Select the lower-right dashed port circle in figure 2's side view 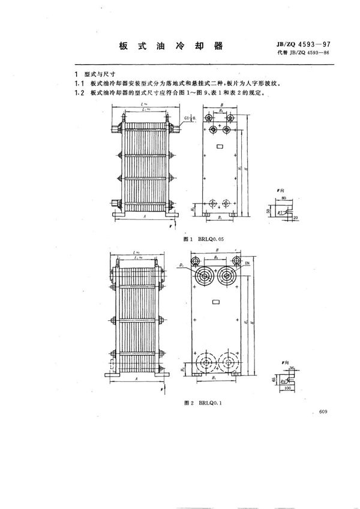(229, 363)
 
